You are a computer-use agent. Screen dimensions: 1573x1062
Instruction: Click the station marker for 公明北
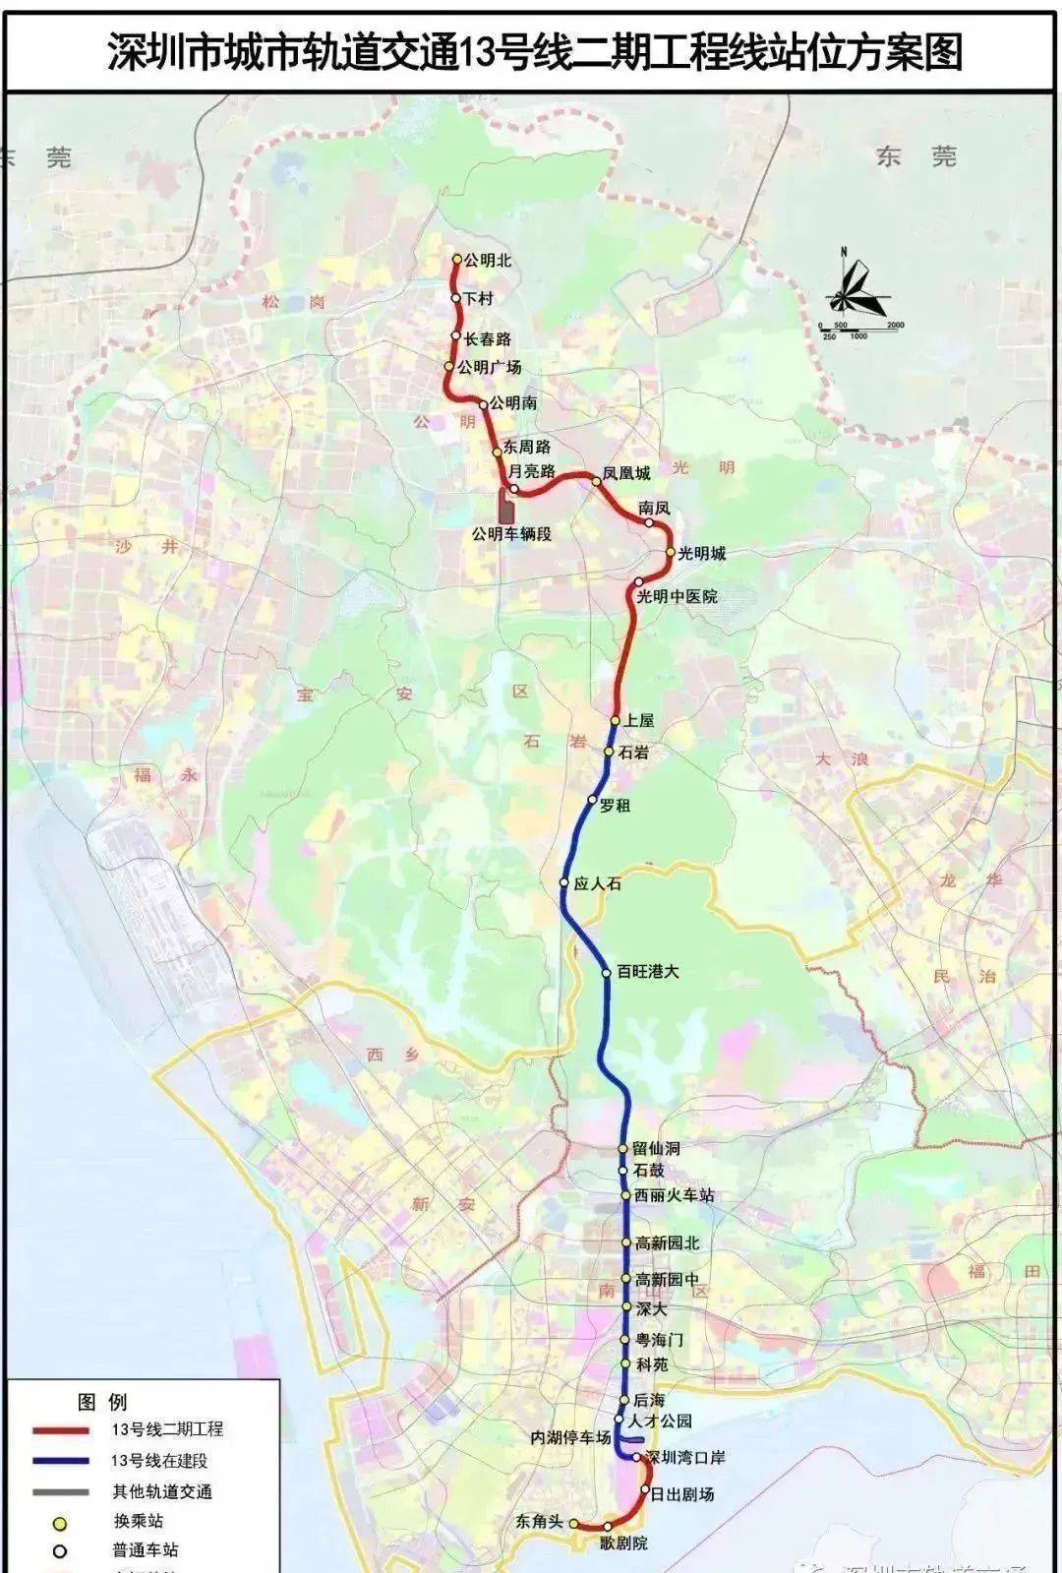tap(457, 260)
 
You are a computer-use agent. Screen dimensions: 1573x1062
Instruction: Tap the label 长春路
tap(488, 339)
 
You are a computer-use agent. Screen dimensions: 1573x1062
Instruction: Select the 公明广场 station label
tap(490, 368)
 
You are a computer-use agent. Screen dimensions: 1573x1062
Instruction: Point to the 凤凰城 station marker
tap(596, 481)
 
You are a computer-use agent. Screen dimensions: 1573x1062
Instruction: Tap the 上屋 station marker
tap(616, 720)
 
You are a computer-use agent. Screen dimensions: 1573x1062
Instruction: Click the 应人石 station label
tap(597, 883)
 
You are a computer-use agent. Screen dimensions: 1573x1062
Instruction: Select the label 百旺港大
tap(648, 972)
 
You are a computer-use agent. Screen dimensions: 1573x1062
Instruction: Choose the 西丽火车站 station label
tap(674, 1195)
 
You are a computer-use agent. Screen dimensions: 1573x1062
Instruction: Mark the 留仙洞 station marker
tap(622, 1149)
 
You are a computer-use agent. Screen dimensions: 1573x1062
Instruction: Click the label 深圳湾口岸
tap(691, 1457)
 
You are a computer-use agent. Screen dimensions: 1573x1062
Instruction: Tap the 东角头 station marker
tap(573, 1524)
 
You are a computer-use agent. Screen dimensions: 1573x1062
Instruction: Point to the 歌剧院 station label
tap(624, 1543)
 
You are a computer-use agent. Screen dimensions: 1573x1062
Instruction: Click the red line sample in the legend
tap(60, 1430)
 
